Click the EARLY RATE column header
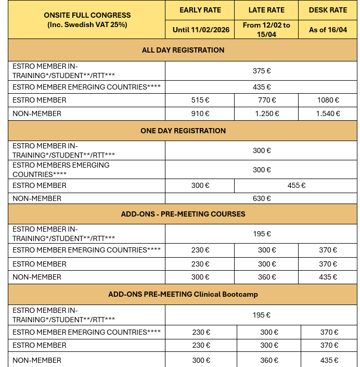tap(200, 10)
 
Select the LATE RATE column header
tap(266, 10)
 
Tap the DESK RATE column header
tap(328, 10)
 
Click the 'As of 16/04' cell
tap(328, 30)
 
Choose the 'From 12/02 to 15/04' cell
tap(266, 30)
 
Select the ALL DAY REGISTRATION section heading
tap(183, 50)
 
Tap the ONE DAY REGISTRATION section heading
tap(183, 131)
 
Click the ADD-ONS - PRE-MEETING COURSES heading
tap(183, 214)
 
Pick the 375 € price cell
tap(262, 71)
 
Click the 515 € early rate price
tap(200, 100)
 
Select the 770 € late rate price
tap(266, 100)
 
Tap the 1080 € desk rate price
tap(328, 100)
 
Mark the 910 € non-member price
tap(200, 113)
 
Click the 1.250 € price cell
tap(266, 113)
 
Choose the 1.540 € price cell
tap(328, 113)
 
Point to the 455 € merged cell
tap(296, 185)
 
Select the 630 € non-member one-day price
tap(262, 198)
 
